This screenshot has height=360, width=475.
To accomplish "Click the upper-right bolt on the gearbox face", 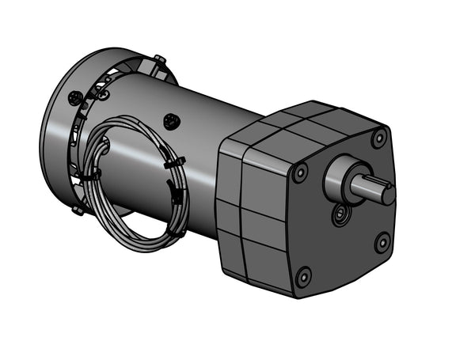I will [x=378, y=138].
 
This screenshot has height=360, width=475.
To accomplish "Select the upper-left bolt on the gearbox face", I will [x=300, y=172].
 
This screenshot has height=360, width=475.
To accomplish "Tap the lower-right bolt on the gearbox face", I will [x=382, y=241].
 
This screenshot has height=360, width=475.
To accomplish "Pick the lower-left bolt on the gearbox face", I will [x=303, y=276].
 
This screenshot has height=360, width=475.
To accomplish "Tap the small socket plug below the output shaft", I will [x=341, y=214].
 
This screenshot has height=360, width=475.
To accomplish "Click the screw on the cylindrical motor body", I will [x=170, y=121].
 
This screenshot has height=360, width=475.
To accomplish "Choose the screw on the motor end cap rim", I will [x=76, y=97].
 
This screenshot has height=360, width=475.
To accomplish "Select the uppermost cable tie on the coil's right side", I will [x=176, y=163].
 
